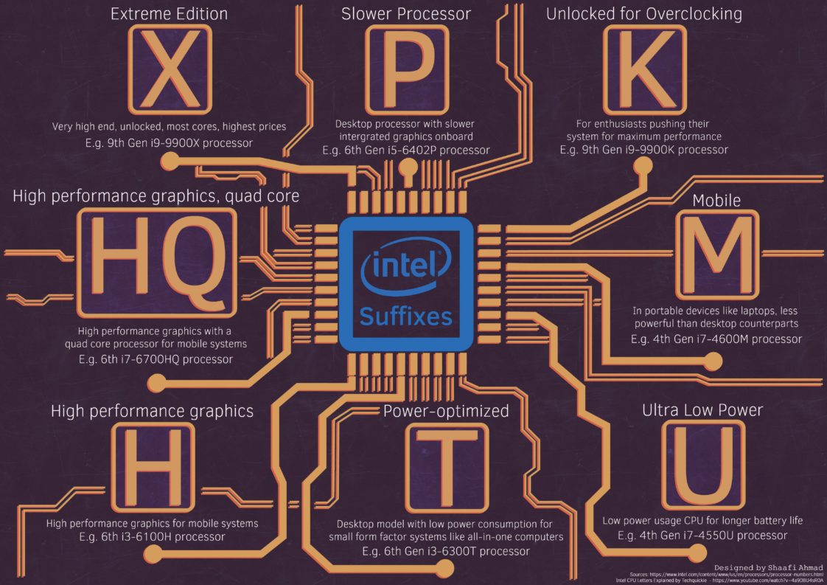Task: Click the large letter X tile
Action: point(170,68)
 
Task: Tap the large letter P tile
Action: point(406,68)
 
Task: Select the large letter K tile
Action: point(643,68)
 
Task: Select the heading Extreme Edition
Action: point(169,14)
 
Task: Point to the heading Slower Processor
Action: point(406,14)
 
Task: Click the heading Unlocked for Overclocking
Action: point(643,14)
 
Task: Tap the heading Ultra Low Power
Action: point(702,409)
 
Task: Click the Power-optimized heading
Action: point(446,411)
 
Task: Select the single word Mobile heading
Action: point(716,201)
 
